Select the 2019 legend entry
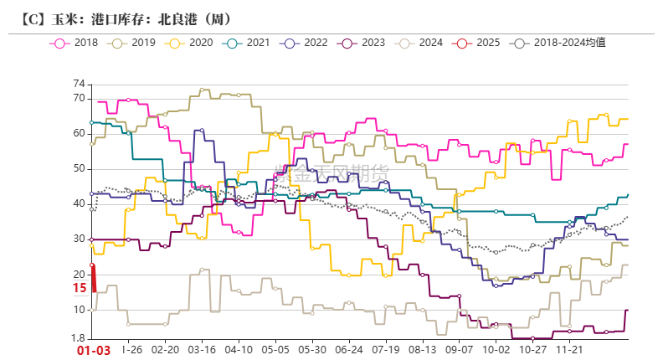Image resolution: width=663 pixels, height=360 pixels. [132, 42]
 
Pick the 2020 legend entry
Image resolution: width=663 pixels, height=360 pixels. [190, 42]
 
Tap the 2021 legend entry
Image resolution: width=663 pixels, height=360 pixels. [248, 42]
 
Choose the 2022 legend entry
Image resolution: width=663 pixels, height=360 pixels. [306, 42]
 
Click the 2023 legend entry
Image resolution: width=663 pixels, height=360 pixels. [363, 42]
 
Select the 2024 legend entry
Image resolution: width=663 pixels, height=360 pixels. [421, 42]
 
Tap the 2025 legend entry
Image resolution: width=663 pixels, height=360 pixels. [479, 42]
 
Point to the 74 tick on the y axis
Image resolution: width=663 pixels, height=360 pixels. [80, 84]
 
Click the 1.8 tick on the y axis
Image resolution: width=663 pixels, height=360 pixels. [78, 339]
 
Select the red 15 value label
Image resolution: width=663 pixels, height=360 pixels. [79, 288]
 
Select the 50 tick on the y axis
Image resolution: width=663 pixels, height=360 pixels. [80, 169]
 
